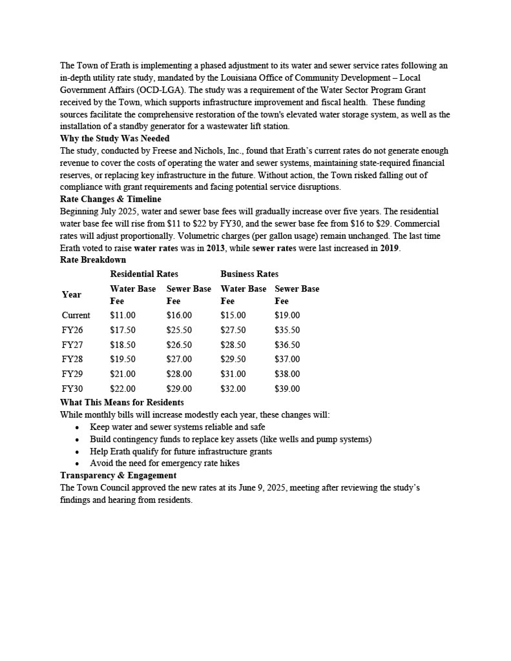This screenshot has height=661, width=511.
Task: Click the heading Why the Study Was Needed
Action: (115, 138)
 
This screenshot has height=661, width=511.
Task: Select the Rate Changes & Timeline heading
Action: (110, 199)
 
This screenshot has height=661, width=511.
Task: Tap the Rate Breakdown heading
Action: (93, 260)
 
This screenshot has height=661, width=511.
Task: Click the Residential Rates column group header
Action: (144, 274)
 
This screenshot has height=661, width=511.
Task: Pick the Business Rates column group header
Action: (249, 274)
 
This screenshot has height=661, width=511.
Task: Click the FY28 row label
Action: (72, 359)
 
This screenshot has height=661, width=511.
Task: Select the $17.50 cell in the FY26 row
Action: (123, 330)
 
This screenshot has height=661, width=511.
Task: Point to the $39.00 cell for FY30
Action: (287, 389)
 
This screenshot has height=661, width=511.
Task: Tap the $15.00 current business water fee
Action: (233, 315)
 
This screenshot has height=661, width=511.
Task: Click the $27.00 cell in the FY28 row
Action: (179, 359)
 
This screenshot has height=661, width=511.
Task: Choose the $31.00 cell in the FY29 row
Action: (233, 374)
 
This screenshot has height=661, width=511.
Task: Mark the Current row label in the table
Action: (76, 315)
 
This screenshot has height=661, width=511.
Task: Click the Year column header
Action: (72, 295)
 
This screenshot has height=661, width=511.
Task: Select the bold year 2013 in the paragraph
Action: (215, 249)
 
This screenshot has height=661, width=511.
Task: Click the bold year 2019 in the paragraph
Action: (389, 249)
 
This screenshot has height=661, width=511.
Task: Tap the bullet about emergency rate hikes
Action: (164, 463)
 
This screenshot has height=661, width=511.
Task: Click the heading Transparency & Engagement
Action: (118, 475)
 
